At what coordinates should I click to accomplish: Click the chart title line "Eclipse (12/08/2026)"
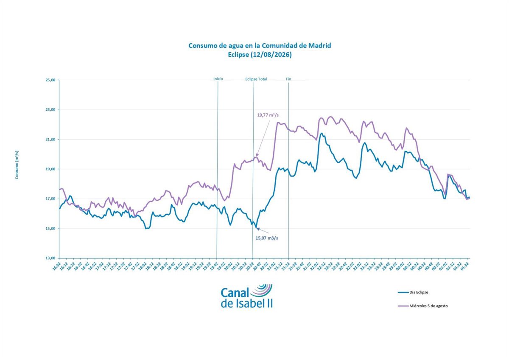260,55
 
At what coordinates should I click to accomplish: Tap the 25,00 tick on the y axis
50,80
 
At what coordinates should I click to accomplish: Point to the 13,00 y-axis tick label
50,258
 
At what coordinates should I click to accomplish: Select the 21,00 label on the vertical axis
50,139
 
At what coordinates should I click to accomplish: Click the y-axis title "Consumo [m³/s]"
17,165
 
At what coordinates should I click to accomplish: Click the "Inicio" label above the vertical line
218,79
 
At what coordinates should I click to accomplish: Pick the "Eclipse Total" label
256,79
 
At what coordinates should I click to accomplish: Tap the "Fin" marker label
288,79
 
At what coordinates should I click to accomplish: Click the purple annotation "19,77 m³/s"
268,115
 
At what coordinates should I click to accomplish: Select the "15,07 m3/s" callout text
267,238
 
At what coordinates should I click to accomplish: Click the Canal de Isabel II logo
246,295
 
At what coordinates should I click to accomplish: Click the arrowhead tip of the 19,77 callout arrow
257,157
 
